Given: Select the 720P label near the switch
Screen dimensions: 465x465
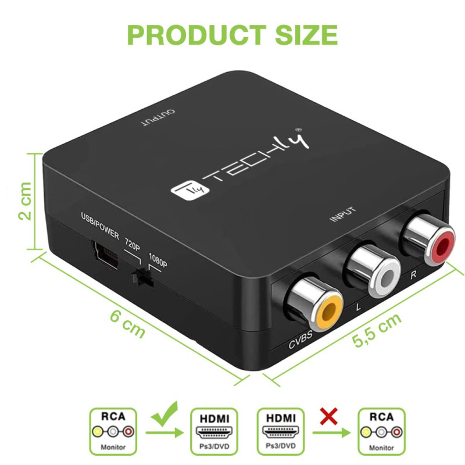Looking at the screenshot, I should [x=133, y=244].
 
